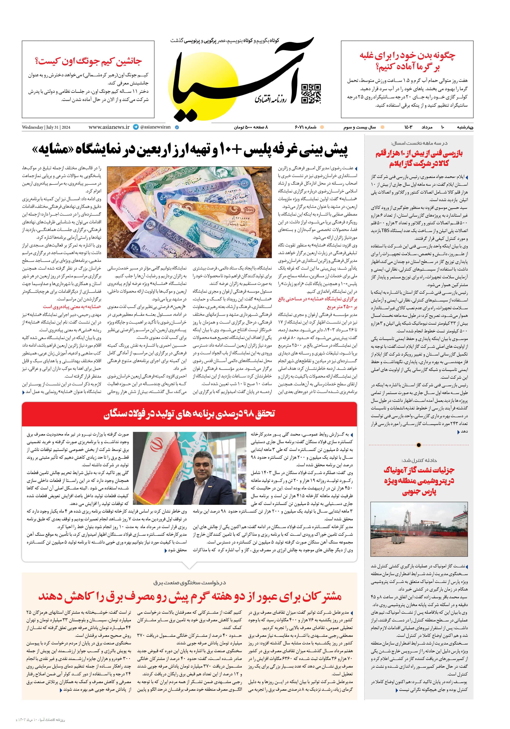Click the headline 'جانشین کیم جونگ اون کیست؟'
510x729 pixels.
point(88,61)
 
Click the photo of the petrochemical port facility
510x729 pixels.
point(419,531)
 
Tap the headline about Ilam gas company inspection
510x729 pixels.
point(419,159)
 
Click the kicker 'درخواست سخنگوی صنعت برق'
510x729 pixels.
point(189,583)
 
